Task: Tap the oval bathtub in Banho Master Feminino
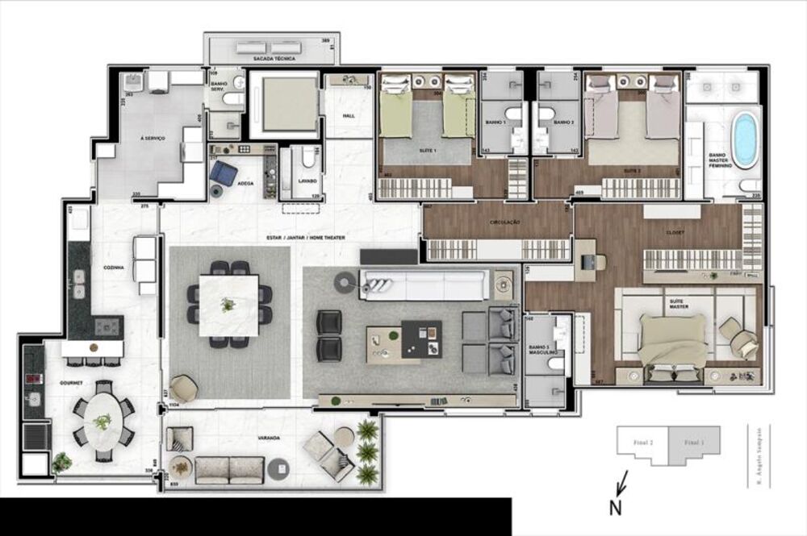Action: [745, 139]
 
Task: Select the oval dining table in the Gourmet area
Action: [103, 421]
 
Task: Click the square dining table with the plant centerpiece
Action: [230, 303]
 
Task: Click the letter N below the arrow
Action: [616, 509]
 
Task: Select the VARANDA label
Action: [270, 438]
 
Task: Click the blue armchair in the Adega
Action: [227, 173]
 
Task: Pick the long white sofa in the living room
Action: [424, 285]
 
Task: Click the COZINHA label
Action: [114, 268]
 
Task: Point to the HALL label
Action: [349, 116]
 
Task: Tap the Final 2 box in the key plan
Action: [644, 442]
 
